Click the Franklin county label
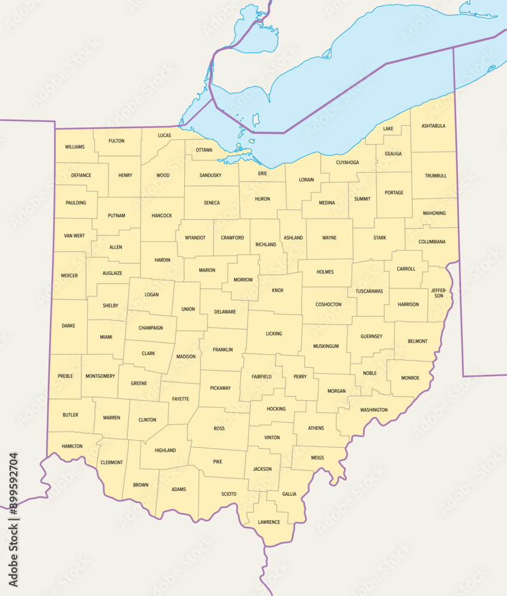pyautogui.click(x=222, y=350)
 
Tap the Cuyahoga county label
pyautogui.click(x=347, y=162)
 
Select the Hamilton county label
pyautogui.click(x=72, y=446)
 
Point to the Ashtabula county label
pyautogui.click(x=433, y=126)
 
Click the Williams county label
pyautogui.click(x=75, y=147)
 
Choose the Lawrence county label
pyautogui.click(x=269, y=522)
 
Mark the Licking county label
pyautogui.click(x=274, y=334)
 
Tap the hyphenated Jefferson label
pyautogui.click(x=439, y=293)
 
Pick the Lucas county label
pyautogui.click(x=165, y=135)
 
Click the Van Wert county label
pyautogui.click(x=74, y=236)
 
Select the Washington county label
pyautogui.click(x=374, y=409)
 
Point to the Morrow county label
pyautogui.click(x=243, y=280)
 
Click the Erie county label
pyautogui.click(x=262, y=173)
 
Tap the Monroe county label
pyautogui.click(x=410, y=378)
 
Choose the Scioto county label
pyautogui.click(x=229, y=493)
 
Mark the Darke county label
pyautogui.click(x=69, y=326)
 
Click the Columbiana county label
pyautogui.click(x=432, y=242)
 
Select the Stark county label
pyautogui.click(x=379, y=238)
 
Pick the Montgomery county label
pyautogui.click(x=100, y=376)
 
